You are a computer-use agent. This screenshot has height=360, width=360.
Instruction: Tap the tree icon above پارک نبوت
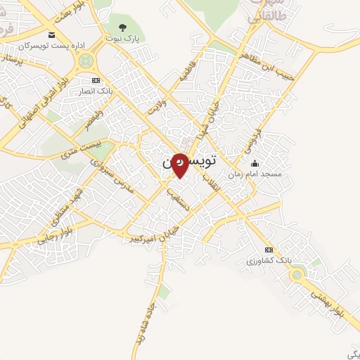coord(123,27)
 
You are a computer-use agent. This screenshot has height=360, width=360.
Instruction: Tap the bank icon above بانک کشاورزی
coord(268,250)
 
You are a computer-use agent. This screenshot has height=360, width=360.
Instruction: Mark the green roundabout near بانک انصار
coord(86,61)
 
